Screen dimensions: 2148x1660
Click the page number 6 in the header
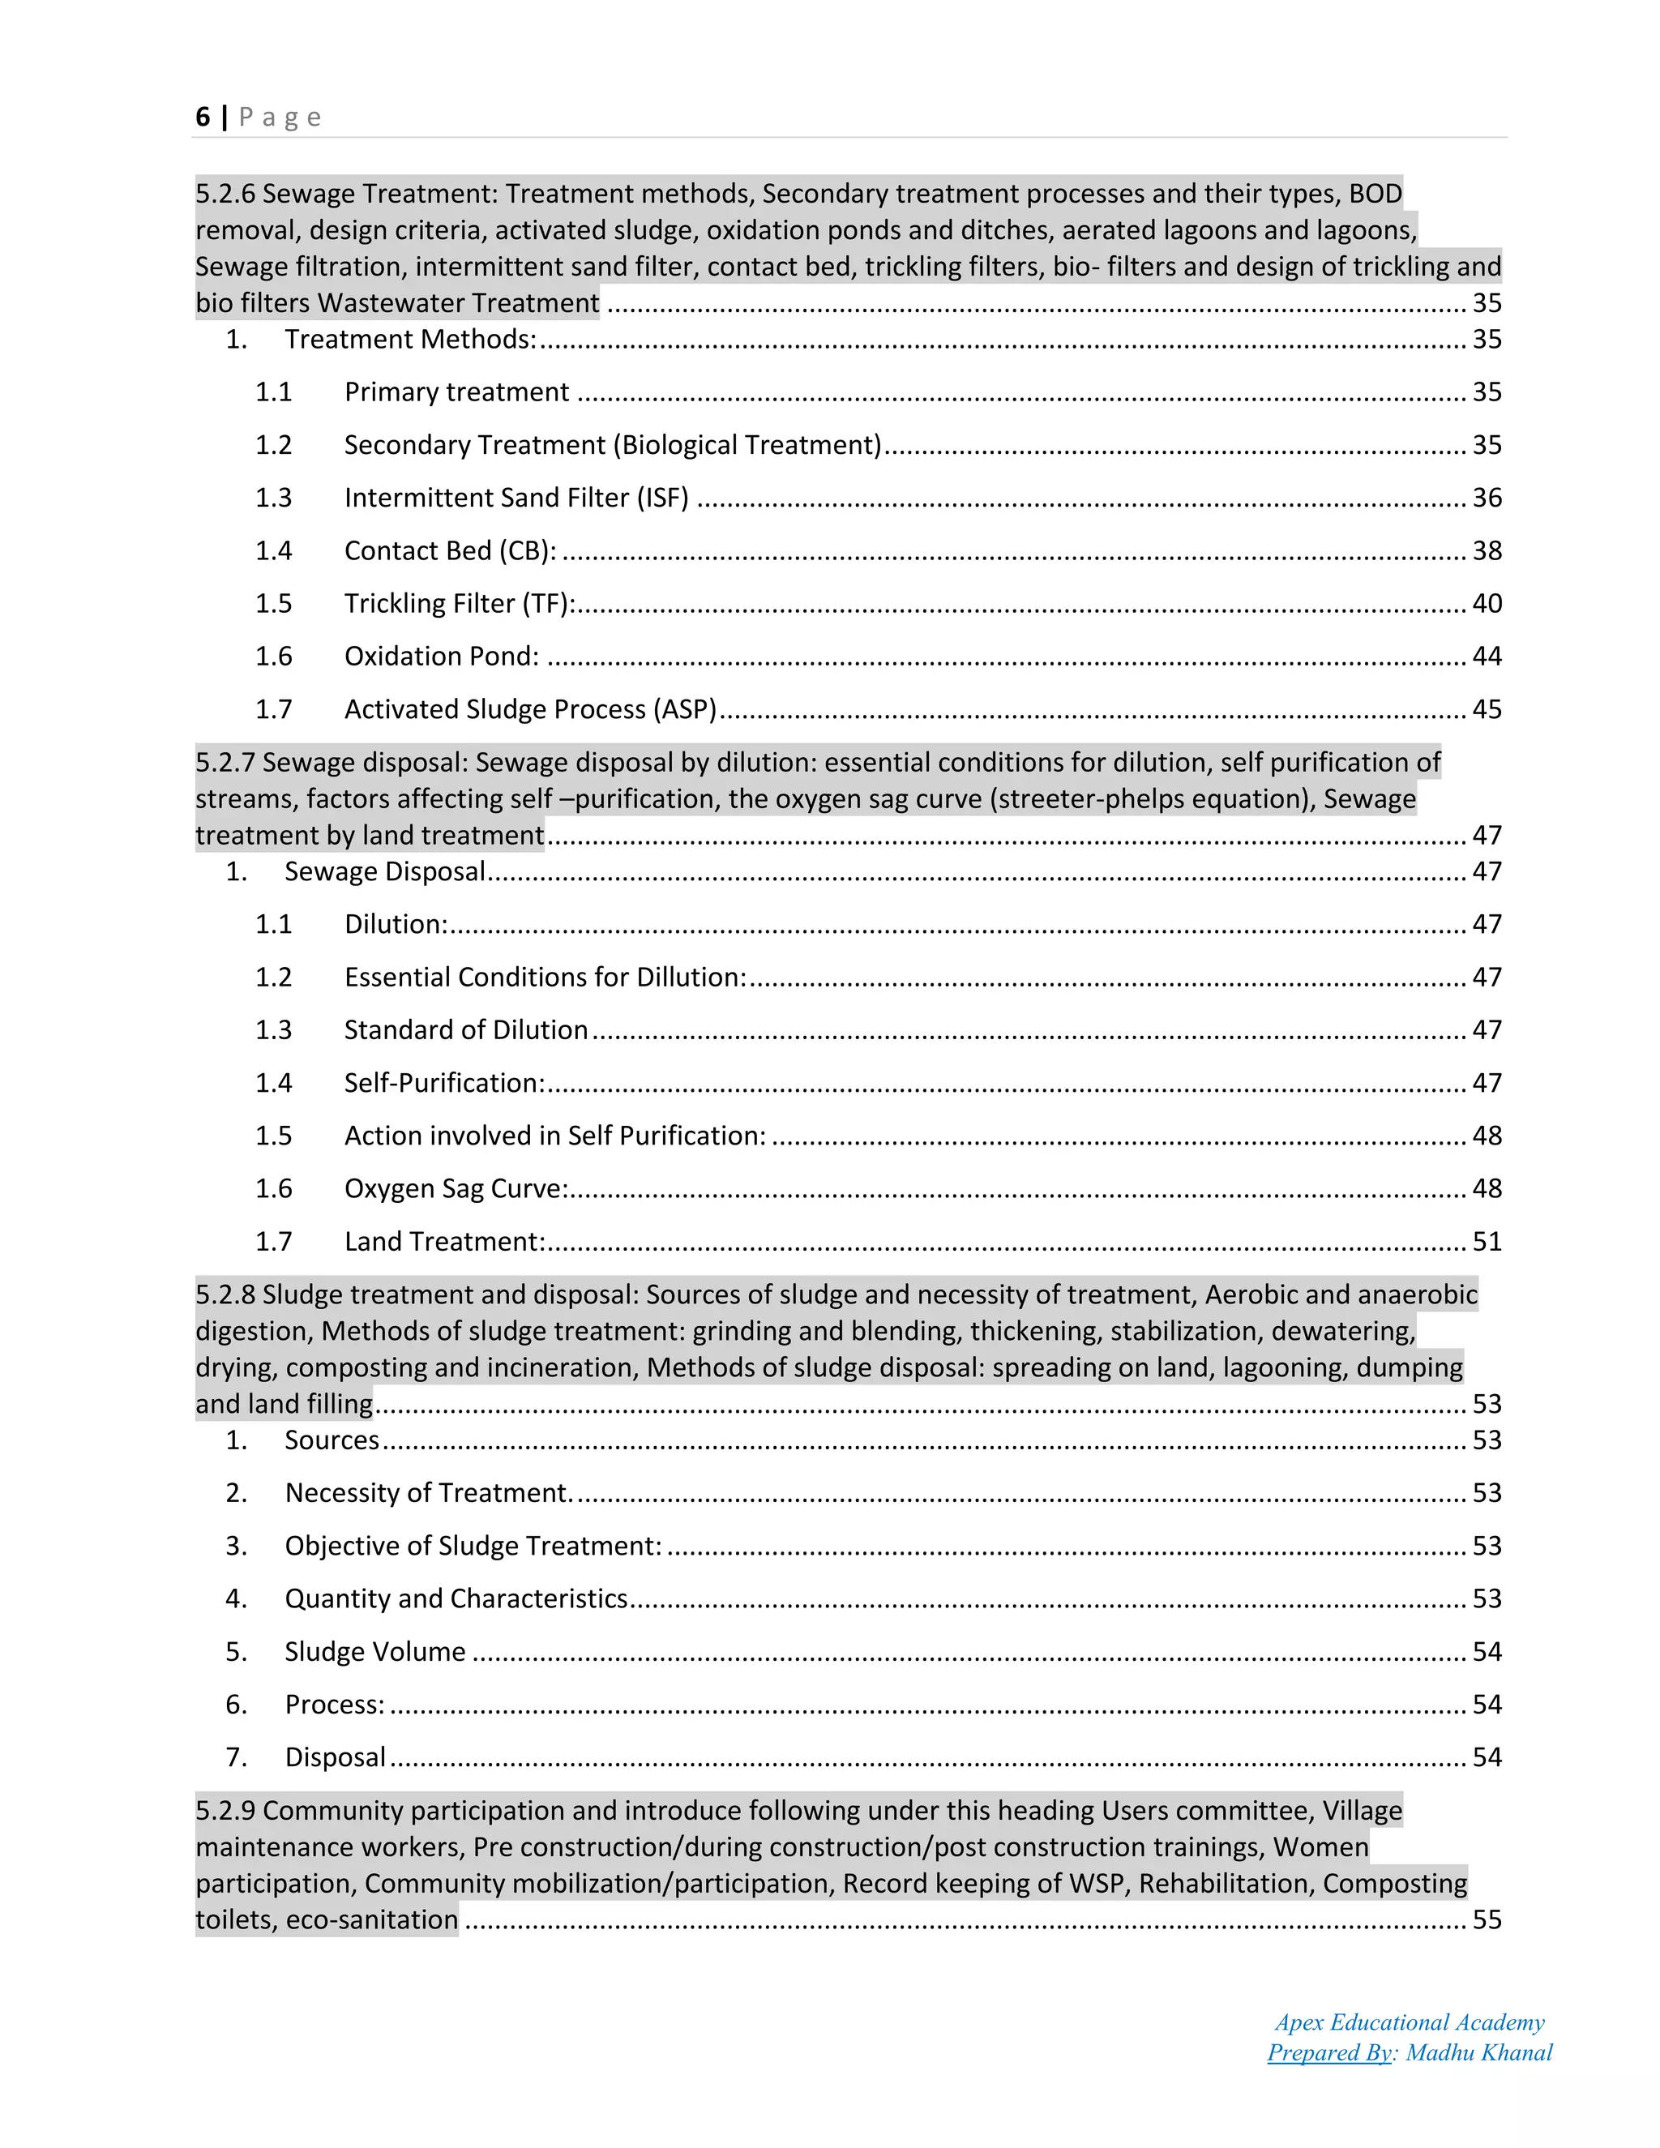203,117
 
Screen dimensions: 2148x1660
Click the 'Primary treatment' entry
456,392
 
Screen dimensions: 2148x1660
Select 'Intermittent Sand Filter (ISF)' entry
516,498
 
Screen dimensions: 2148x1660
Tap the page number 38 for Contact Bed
1486,550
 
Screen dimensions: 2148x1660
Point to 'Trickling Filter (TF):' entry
460,604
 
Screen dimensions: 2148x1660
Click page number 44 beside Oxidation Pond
1486,656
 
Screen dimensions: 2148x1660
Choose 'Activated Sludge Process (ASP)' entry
530,709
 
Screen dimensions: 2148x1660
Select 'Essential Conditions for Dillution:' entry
545,978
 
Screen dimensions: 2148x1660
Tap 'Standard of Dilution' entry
466,1029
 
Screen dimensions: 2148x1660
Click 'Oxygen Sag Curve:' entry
456,1189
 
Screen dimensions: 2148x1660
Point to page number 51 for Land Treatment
1486,1241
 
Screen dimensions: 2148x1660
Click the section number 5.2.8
225,1294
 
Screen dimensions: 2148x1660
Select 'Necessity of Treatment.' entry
429,1493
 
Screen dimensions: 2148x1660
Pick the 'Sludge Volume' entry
374,1651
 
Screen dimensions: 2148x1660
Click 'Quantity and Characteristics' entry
456,1598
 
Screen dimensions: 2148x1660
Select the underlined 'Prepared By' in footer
1328,2052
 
